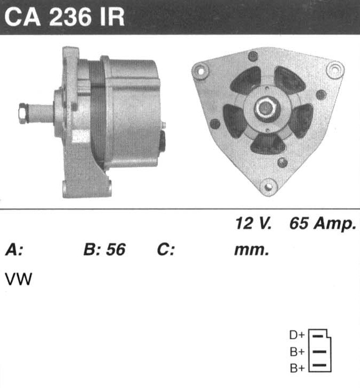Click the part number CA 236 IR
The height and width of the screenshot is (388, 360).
pyautogui.click(x=64, y=17)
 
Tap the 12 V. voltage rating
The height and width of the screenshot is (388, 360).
pyautogui.click(x=254, y=223)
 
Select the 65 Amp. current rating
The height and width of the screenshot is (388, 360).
pyautogui.click(x=323, y=224)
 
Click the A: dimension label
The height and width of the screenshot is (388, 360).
pyautogui.click(x=14, y=249)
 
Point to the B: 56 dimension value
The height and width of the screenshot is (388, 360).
pyautogui.click(x=105, y=249)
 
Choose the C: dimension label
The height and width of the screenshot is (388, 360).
pyautogui.click(x=166, y=249)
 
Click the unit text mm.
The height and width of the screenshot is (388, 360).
pyautogui.click(x=251, y=250)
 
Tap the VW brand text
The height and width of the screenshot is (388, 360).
pyautogui.click(x=19, y=279)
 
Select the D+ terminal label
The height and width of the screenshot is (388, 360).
pyautogui.click(x=297, y=335)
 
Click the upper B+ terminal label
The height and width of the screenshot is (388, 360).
pyautogui.click(x=297, y=352)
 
